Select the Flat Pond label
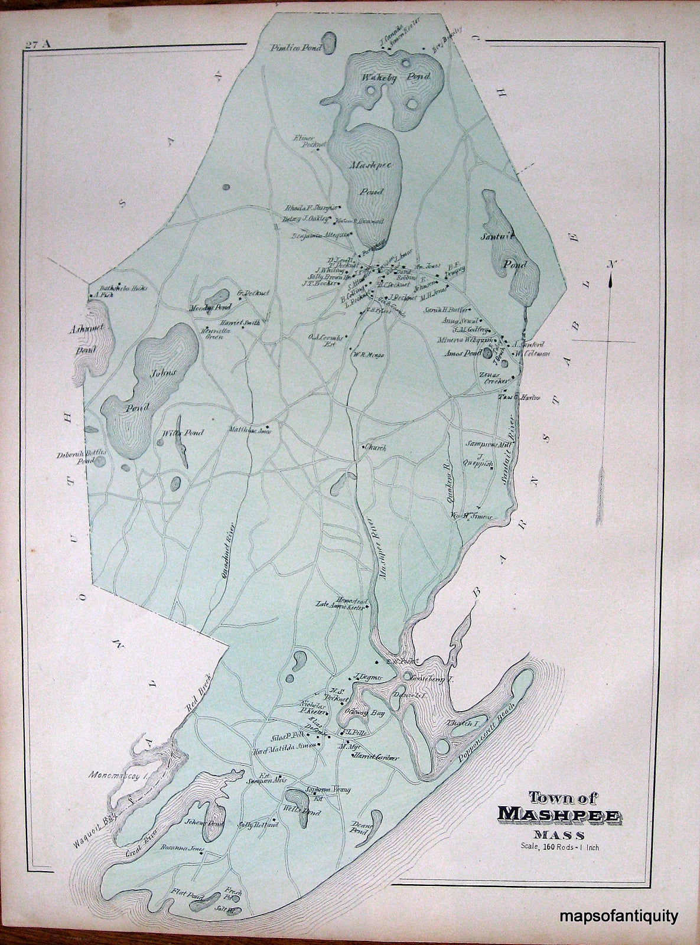[185, 894]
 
